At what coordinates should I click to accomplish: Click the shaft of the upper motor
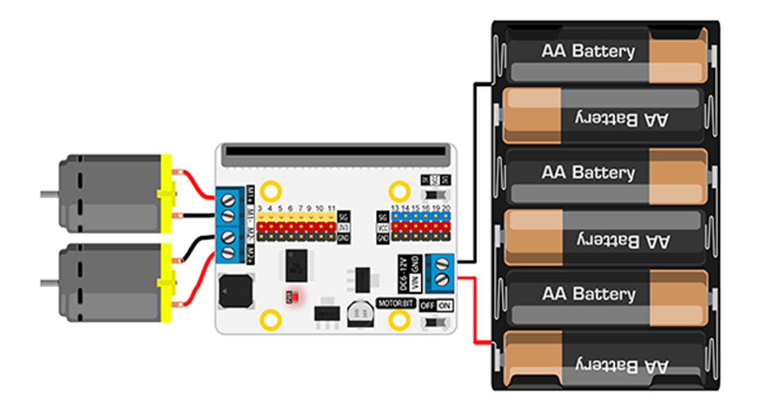(49, 194)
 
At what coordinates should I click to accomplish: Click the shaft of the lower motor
(49, 282)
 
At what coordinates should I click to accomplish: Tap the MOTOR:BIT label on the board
(396, 303)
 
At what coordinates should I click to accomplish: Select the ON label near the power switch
(445, 306)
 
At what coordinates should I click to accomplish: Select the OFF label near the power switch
(428, 306)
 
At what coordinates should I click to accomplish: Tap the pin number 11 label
(331, 208)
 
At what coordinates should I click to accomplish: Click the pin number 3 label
(260, 208)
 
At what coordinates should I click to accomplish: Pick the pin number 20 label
(446, 208)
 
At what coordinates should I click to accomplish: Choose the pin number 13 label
(395, 208)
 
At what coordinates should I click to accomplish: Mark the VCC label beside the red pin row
(382, 228)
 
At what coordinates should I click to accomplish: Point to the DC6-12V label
(402, 273)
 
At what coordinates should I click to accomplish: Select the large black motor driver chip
(296, 265)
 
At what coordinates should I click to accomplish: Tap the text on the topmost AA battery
(588, 51)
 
